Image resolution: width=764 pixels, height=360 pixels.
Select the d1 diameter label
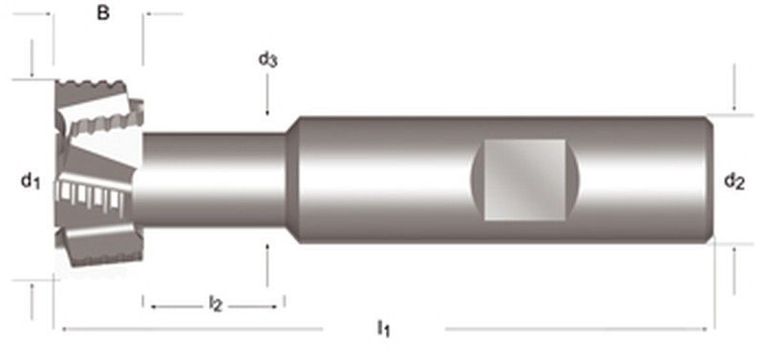tap(32, 179)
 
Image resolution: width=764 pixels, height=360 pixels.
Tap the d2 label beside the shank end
tap(733, 180)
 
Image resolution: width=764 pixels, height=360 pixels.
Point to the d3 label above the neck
tap(268, 60)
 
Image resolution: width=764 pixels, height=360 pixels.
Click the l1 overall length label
tap(383, 329)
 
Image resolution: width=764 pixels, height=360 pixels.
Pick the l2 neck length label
tap(216, 305)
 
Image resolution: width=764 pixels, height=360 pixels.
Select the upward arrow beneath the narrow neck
tap(268, 256)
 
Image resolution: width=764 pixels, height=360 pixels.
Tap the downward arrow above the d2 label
tap(733, 99)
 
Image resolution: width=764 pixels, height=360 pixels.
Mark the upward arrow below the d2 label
tap(733, 258)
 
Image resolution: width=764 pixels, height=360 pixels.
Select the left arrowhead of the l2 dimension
tap(149, 306)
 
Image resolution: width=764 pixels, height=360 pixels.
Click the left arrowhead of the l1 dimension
tap(60, 329)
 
